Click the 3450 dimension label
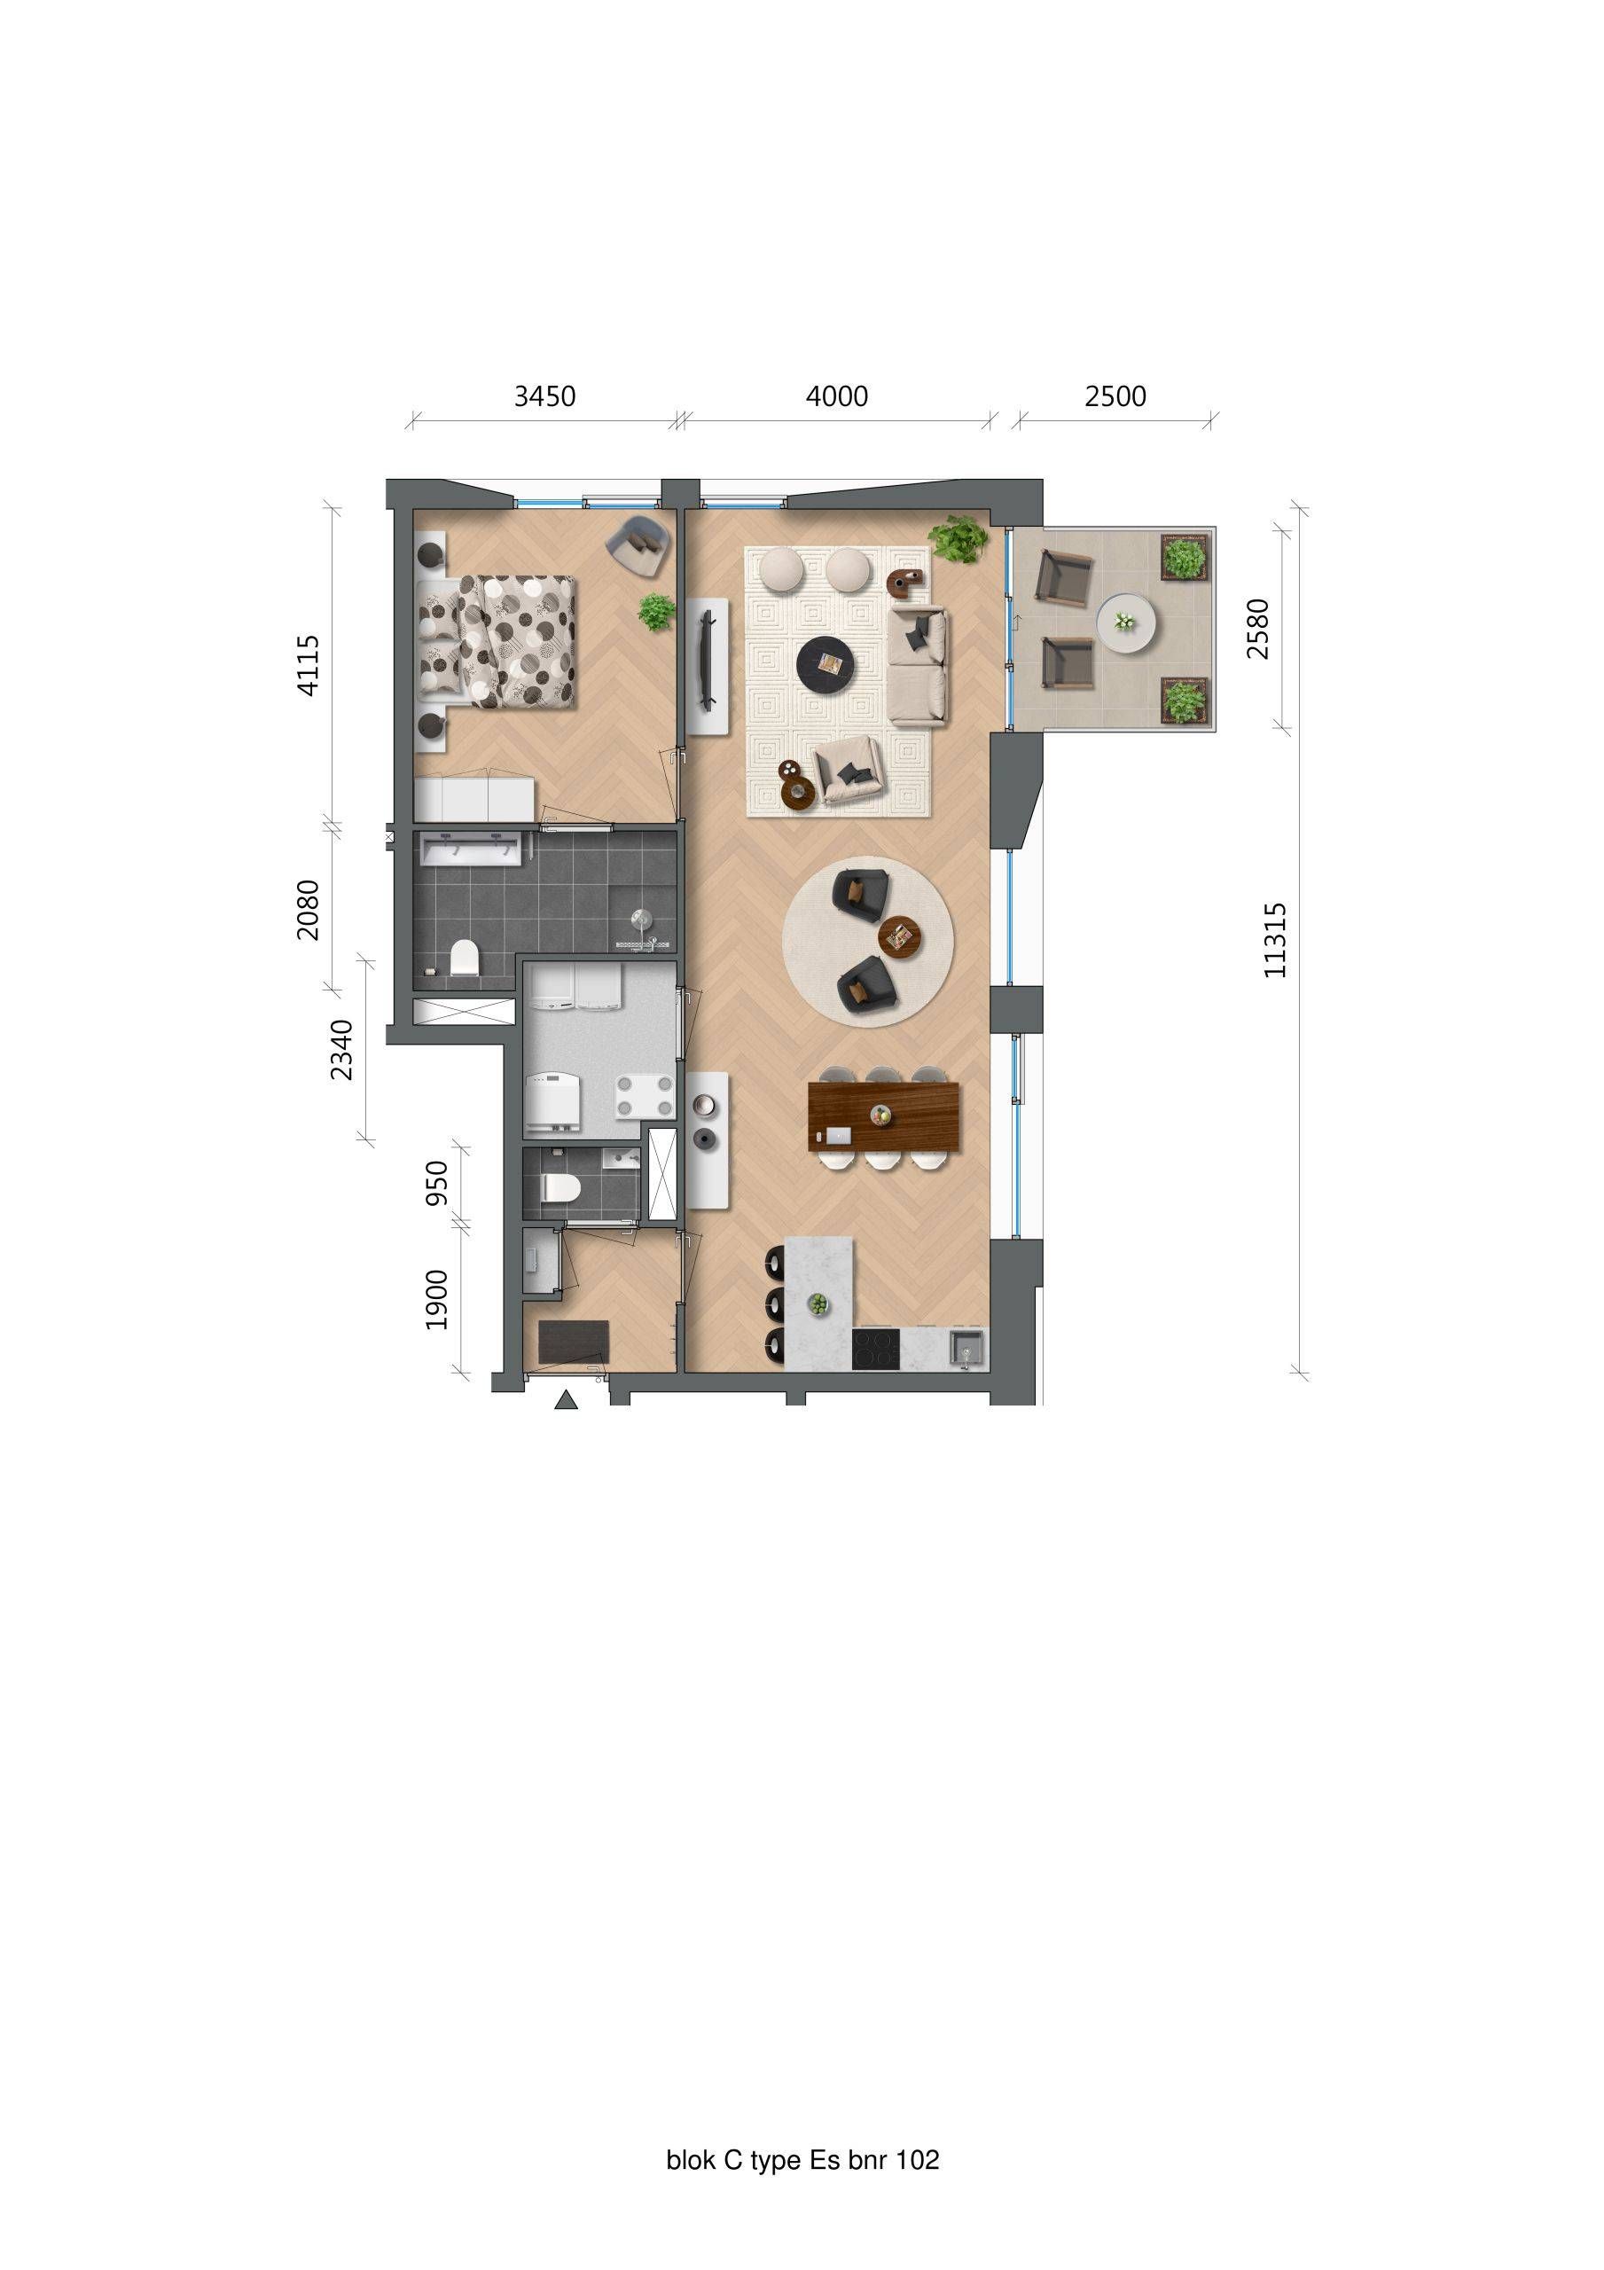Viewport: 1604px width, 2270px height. [x=544, y=396]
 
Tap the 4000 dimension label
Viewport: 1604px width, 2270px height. [x=837, y=396]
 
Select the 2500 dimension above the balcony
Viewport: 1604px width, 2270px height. [x=1115, y=396]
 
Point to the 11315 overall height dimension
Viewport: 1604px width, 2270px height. [x=1276, y=940]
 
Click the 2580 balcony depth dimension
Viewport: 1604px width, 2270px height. [x=1257, y=629]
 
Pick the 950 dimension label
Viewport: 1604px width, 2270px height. [x=436, y=1183]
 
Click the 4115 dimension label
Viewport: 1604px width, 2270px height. [x=309, y=665]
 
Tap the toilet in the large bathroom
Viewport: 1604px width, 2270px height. [x=464, y=958]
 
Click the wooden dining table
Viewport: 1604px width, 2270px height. [x=882, y=1117]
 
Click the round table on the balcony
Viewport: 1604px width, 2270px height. [x=1125, y=622]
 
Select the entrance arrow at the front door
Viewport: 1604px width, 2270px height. [x=566, y=1399]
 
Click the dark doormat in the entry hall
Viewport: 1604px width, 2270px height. [x=574, y=1342]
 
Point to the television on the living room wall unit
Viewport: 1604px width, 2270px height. [x=707, y=661]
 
